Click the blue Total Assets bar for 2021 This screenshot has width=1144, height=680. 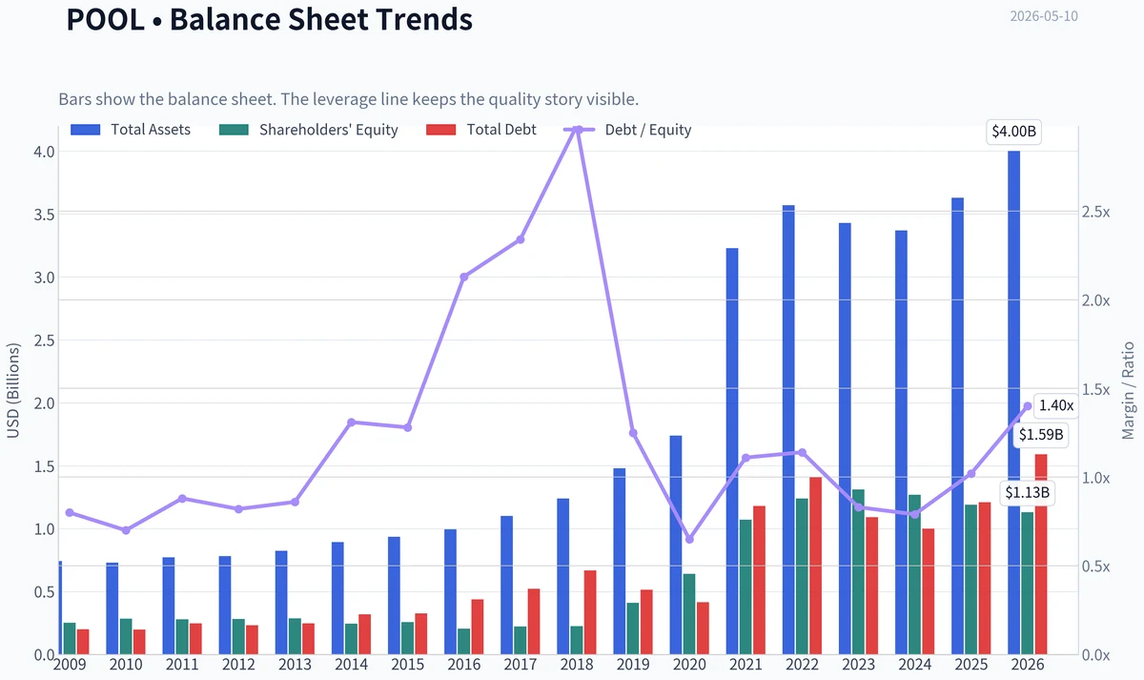point(732,451)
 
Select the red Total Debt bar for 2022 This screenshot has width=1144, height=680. point(816,566)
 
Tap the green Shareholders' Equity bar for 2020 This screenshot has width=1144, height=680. point(689,614)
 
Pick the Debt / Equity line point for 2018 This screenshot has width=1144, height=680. point(577,130)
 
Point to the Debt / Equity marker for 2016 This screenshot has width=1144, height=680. point(463,277)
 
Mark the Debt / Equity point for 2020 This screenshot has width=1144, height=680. point(689,539)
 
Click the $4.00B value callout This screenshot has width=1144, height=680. point(1013,132)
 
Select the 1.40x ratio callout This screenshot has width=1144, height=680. point(1055,405)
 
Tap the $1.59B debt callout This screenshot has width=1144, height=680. point(1041,435)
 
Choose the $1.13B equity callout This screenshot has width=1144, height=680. point(1027,492)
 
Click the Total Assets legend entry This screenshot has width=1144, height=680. point(131,130)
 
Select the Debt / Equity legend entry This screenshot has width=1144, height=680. point(627,130)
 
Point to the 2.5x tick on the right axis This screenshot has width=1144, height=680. point(1096,212)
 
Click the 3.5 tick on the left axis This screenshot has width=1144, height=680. point(44,214)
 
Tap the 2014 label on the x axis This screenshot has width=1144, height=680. point(352,665)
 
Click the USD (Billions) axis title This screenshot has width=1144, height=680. point(12,391)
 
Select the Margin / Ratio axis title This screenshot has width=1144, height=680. point(1128,391)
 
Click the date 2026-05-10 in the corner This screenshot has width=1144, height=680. point(1044,16)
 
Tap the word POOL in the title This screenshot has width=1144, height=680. point(105,20)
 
